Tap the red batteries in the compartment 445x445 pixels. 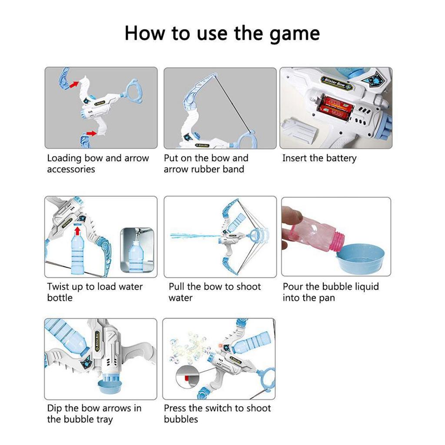click(336, 107)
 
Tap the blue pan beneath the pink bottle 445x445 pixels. click(361, 257)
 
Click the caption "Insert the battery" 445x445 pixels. click(319, 158)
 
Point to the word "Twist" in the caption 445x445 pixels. click(59, 287)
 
